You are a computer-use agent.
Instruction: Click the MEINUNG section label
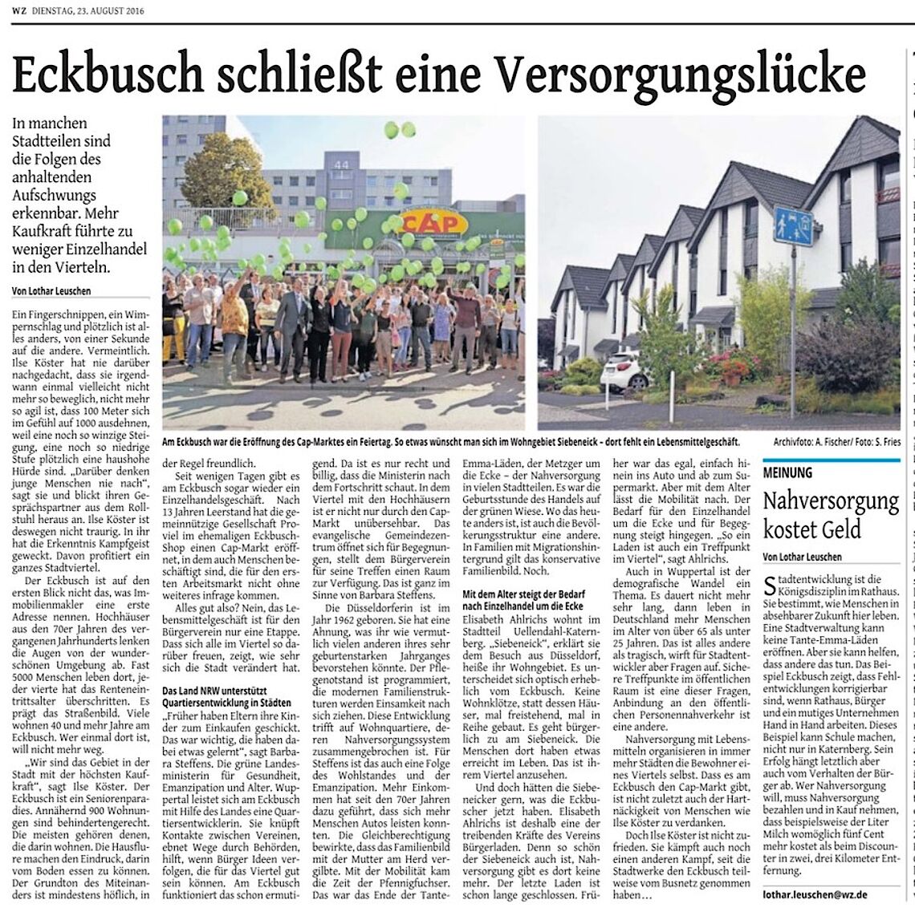pos(787,473)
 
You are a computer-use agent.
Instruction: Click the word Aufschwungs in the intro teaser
pos(54,195)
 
